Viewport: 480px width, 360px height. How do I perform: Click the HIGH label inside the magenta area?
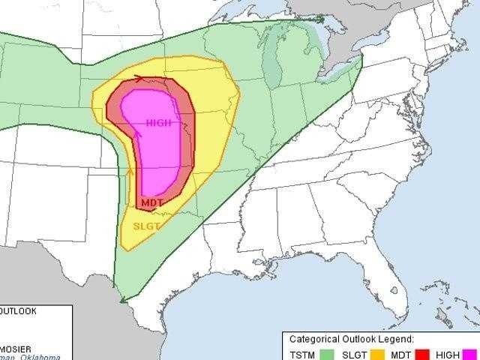(158, 123)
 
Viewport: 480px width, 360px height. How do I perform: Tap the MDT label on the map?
(152, 202)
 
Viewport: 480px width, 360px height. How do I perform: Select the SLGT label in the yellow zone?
(146, 225)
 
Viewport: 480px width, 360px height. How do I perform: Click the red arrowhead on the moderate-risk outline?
(140, 76)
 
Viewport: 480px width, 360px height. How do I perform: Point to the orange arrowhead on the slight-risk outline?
(130, 172)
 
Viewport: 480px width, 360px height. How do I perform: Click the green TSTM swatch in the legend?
(327, 353)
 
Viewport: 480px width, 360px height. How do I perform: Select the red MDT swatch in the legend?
(422, 353)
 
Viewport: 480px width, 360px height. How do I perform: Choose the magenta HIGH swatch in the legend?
(469, 353)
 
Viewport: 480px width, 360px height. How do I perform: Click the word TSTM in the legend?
(302, 354)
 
